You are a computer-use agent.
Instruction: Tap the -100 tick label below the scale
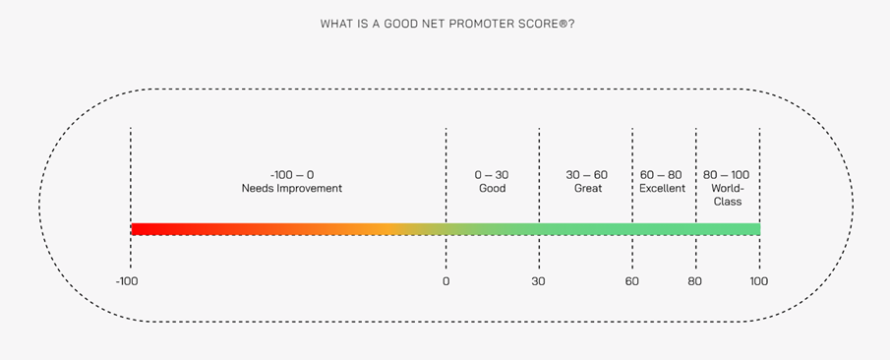coord(127,281)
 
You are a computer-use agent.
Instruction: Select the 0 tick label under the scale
coord(445,281)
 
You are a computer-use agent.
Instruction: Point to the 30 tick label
coord(539,281)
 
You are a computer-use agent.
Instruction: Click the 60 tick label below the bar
coord(631,281)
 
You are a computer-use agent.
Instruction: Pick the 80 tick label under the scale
coord(695,281)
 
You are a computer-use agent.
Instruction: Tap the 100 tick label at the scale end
coord(758,281)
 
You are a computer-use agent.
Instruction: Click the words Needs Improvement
coord(292,188)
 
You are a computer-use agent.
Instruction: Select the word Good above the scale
coord(492,188)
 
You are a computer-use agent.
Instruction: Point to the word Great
coord(587,188)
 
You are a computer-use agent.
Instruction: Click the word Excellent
coord(662,188)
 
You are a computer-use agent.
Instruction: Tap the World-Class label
coord(728,195)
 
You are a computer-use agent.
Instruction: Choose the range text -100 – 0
coord(292,175)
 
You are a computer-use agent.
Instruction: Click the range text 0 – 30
coord(492,175)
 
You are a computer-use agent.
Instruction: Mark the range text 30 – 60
coord(587,175)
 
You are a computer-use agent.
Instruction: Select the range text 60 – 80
coord(661,175)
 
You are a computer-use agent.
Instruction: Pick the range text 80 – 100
coord(727,175)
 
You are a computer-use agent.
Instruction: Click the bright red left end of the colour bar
coord(140,229)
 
